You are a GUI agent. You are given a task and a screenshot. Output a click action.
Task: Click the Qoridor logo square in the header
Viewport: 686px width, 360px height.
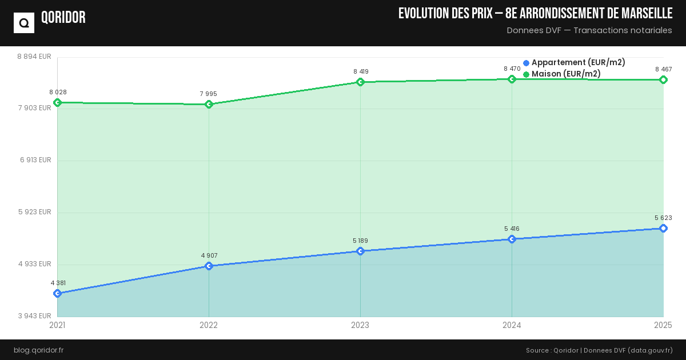pos(24,23)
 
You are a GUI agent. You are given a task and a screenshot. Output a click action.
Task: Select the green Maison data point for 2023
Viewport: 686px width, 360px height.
pos(360,82)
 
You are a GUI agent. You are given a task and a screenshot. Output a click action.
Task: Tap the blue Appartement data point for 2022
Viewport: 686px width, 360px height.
pos(209,266)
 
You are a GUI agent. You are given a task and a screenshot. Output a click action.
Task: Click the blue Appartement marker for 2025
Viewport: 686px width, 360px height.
pos(663,228)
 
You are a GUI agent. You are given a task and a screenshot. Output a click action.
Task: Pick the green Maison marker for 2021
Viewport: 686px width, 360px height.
pos(57,102)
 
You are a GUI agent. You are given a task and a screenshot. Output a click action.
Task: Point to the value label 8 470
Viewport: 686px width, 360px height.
pos(512,69)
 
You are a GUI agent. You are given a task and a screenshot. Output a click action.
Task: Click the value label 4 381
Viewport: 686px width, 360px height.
pos(58,283)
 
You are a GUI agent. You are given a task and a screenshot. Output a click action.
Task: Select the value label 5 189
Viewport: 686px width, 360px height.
pos(360,241)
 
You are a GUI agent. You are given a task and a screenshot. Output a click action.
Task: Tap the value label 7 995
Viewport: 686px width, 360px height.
pos(208,94)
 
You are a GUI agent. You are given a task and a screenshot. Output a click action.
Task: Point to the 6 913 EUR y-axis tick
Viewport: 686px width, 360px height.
pos(35,160)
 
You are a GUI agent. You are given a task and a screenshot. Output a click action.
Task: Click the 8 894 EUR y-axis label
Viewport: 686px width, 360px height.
pos(34,57)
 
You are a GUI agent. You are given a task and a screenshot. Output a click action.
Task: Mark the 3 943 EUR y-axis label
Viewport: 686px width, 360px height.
pos(34,316)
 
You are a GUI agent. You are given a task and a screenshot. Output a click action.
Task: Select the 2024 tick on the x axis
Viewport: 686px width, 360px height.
pos(512,325)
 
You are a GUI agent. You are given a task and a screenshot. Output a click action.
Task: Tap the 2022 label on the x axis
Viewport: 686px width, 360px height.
pos(209,325)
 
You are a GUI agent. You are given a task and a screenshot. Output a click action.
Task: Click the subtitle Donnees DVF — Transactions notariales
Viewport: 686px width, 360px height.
pos(589,30)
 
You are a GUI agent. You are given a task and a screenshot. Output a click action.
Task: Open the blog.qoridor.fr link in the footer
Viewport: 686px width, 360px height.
pos(38,350)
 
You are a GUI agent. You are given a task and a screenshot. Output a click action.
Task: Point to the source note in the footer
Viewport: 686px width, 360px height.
pos(599,350)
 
